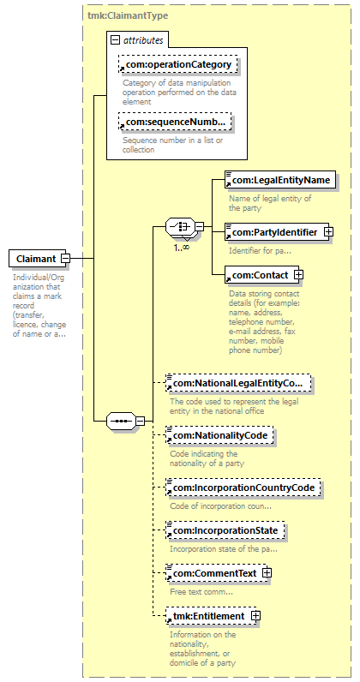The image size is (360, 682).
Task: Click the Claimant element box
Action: tap(37, 259)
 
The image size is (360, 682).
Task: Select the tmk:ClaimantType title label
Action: tap(128, 15)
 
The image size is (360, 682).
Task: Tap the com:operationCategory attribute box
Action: tap(177, 64)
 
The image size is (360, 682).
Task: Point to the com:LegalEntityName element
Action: tap(281, 180)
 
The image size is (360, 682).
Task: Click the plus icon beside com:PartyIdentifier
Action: tap(328, 232)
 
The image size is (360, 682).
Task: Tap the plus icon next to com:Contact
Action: tap(298, 275)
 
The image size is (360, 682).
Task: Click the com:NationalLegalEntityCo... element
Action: tap(238, 383)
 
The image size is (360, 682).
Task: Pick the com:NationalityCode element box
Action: tap(219, 435)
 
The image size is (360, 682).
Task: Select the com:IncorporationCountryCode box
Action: tap(243, 488)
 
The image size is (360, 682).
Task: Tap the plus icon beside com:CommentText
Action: tap(267, 573)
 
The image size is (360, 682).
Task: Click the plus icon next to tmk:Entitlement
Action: tap(256, 616)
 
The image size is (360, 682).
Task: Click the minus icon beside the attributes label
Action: tap(116, 40)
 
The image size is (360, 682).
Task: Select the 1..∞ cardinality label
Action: tap(180, 248)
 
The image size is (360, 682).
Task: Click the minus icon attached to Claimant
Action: tap(65, 259)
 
